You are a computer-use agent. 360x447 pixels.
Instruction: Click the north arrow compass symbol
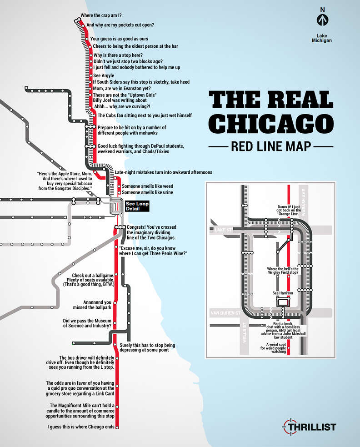[x=322, y=20]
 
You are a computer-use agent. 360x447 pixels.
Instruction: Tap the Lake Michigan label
[x=322, y=38]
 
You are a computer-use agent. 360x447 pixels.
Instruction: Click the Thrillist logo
[x=310, y=427]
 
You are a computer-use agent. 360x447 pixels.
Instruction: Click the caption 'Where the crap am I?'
[x=104, y=15]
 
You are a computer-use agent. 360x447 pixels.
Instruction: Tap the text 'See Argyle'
[x=103, y=75]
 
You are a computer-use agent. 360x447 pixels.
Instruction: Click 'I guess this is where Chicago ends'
[x=80, y=427]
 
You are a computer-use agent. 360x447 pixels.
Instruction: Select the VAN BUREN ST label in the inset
[x=228, y=313]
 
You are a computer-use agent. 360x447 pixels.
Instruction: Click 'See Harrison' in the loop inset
[x=282, y=293]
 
